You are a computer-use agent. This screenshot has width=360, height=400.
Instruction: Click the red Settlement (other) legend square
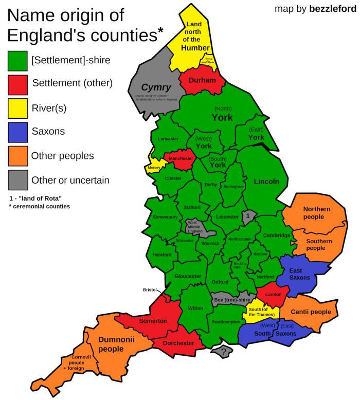[x=17, y=84]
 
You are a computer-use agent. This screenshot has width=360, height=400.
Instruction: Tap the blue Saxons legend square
[x=17, y=132]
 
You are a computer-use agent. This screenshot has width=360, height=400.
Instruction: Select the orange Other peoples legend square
[x=17, y=156]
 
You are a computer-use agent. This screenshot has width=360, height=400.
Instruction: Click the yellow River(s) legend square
[x=17, y=108]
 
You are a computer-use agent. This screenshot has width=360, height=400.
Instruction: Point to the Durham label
[x=202, y=81]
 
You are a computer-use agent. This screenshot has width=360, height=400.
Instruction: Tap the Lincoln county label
[x=266, y=181]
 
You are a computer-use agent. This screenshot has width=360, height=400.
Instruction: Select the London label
[x=273, y=295]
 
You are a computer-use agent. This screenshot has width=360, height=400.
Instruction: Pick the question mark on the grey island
[x=224, y=352]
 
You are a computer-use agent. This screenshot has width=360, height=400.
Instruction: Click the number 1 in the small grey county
[x=248, y=216]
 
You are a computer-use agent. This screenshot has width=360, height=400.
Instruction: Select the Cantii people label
[x=311, y=312]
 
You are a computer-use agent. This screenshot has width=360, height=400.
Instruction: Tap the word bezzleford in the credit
[x=332, y=9]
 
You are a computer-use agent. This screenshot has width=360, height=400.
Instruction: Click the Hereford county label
[x=162, y=255]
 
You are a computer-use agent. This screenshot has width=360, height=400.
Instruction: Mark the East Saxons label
[x=299, y=274]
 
